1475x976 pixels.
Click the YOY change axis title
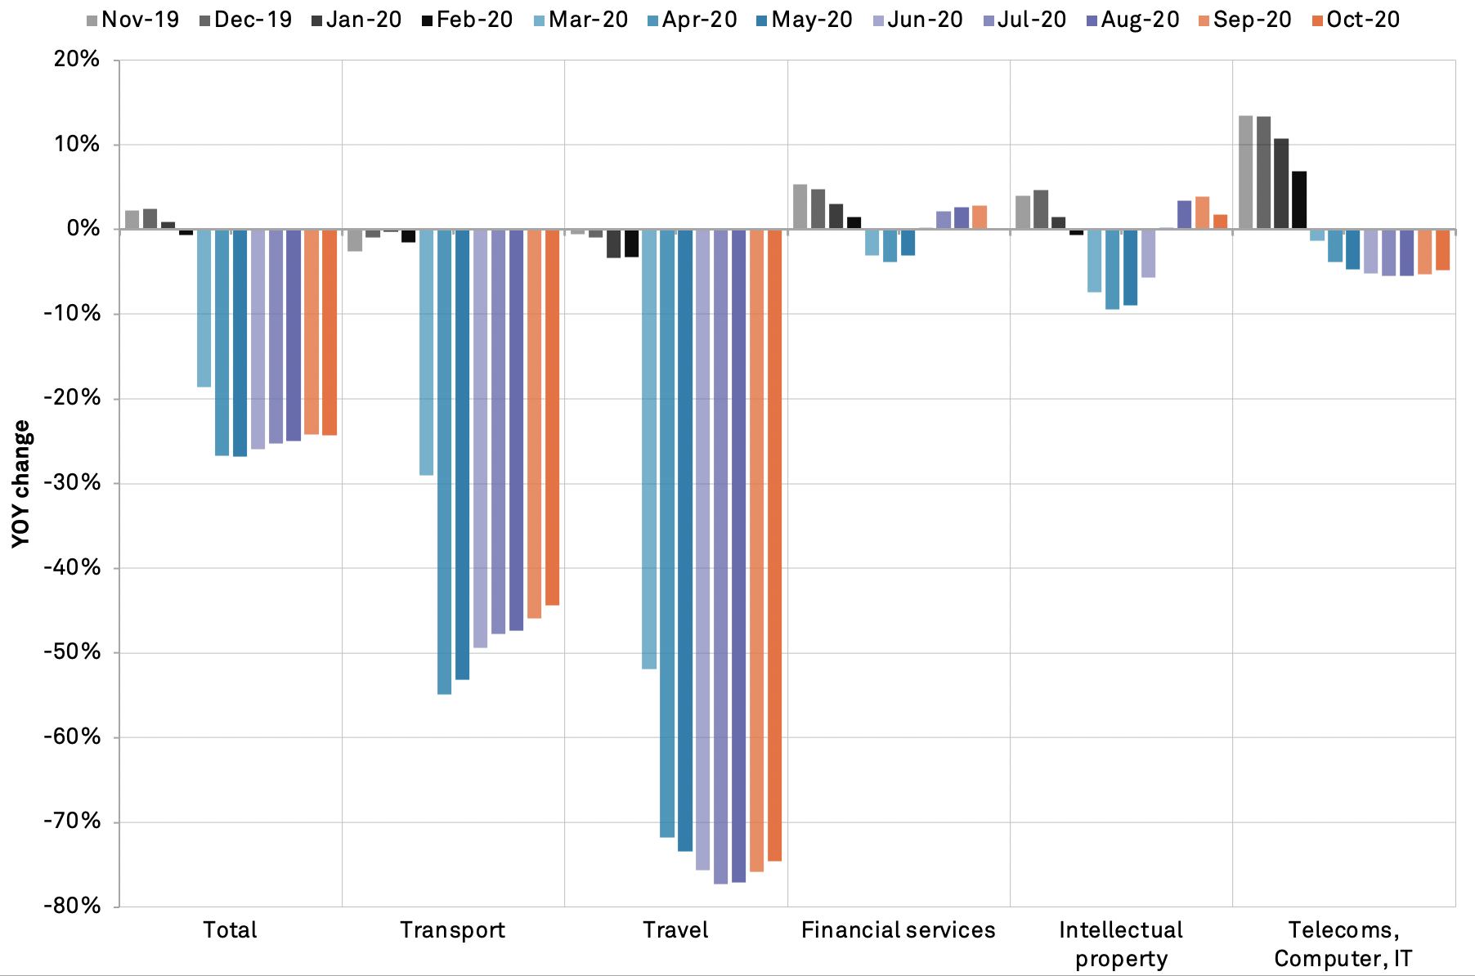[21, 483]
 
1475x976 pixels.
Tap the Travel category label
[675, 930]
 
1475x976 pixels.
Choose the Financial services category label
[898, 930]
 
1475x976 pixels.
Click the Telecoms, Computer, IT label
[1343, 944]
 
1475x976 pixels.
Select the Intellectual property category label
[1121, 944]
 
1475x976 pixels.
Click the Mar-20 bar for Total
[204, 308]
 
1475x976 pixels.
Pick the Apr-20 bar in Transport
[444, 462]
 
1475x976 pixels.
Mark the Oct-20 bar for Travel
[774, 545]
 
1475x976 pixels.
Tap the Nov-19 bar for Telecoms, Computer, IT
[1245, 172]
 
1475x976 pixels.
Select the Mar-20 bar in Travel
[649, 450]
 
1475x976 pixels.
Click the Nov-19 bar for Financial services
[800, 207]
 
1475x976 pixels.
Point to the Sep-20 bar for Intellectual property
[1202, 213]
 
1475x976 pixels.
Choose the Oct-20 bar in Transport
[552, 418]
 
